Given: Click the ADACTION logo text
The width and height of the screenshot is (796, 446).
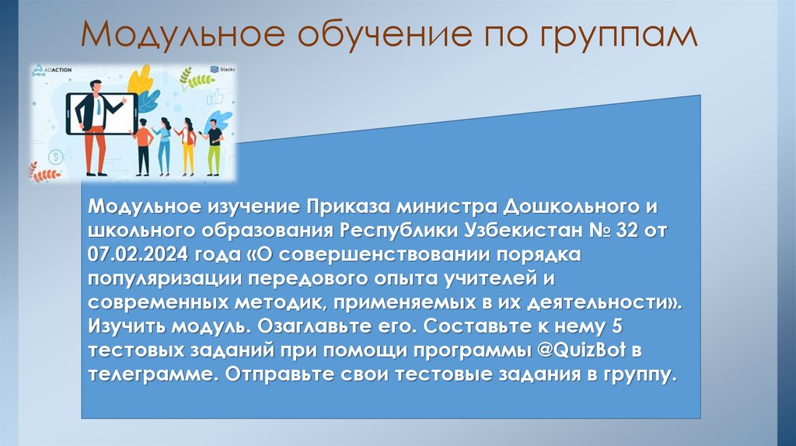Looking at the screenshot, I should click(56, 69).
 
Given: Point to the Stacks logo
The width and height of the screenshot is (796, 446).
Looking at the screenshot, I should click(226, 69).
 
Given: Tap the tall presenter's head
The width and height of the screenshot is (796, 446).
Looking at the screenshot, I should click(96, 86).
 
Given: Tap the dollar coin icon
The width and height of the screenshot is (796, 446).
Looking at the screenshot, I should click(55, 157).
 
